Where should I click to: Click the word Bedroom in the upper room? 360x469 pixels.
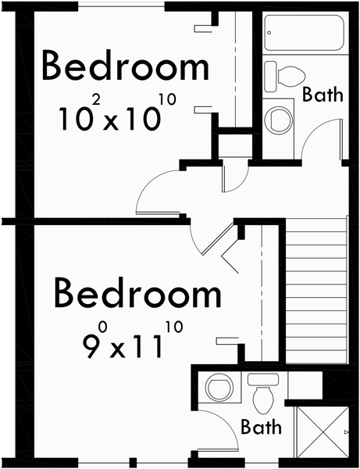125,67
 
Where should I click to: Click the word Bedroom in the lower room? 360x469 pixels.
137,295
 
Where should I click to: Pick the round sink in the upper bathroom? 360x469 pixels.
277,119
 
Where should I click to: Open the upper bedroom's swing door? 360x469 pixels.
161,192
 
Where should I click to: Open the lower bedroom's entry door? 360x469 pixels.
212,238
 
